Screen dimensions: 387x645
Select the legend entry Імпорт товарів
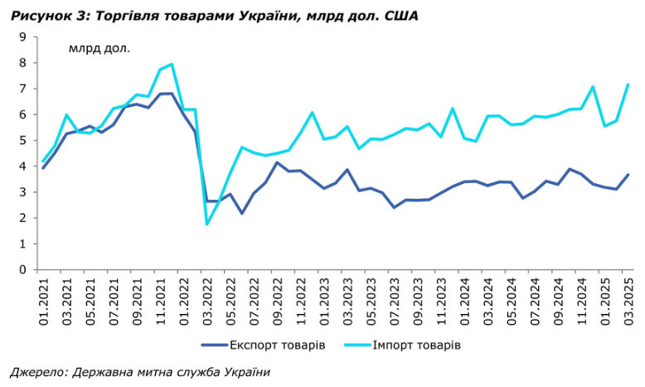[415, 344]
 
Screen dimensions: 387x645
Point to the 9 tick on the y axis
[23, 36]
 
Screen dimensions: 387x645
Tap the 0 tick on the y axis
[23, 269]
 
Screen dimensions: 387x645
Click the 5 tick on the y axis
[23, 140]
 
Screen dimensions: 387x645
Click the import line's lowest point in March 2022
[207, 224]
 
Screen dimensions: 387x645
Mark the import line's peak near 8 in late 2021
[172, 64]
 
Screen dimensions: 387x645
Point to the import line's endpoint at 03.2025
[628, 85]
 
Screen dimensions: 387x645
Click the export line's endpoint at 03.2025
[628, 175]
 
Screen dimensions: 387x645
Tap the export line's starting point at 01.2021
[43, 167]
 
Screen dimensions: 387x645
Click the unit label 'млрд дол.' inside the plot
[99, 47]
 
